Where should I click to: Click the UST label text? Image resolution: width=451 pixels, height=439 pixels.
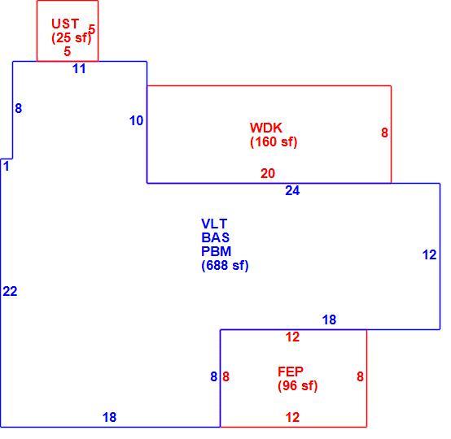65,24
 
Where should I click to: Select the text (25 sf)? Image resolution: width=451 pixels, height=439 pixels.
72,37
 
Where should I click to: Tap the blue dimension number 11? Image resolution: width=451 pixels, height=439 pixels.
79,68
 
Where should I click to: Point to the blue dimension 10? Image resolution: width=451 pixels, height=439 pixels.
136,120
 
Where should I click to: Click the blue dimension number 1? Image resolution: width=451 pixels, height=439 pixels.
7,166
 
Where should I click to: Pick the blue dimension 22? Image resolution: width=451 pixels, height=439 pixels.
10,291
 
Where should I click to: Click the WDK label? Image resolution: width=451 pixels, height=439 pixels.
266,128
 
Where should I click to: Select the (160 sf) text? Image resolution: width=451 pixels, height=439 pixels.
274,141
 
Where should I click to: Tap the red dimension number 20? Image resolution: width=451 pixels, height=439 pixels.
268,173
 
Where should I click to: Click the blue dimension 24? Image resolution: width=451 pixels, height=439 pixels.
292,190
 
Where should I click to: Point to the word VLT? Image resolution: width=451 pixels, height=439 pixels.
214,224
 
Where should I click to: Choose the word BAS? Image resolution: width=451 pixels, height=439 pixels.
216,237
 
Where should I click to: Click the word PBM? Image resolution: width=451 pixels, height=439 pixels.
217,251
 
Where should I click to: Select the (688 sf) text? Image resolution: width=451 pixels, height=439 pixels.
225,265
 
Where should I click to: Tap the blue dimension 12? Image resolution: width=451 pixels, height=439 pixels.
430,254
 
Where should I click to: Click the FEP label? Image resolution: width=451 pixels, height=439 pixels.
291,372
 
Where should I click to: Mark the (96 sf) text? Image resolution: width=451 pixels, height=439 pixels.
298,385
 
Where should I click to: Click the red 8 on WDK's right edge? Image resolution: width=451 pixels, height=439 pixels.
384,133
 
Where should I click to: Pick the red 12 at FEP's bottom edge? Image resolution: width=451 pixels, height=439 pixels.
292,417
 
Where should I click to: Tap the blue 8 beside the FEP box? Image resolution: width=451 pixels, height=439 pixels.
214,376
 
